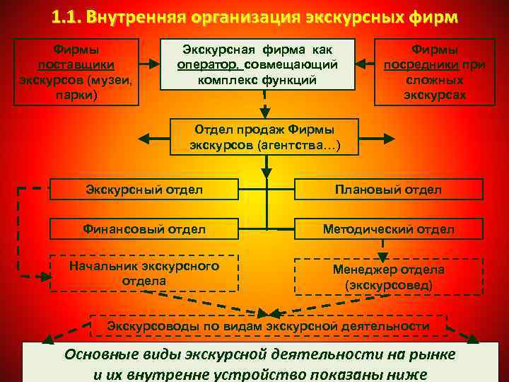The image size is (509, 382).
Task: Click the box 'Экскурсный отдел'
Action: pos(144,189)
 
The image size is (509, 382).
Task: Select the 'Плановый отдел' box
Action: pos(389,189)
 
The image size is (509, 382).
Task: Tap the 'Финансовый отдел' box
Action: pos(144,228)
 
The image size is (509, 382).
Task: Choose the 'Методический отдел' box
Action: pos(389,228)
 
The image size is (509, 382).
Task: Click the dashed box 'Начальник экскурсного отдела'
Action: pos(144,273)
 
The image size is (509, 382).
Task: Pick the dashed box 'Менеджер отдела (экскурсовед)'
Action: pos(389,277)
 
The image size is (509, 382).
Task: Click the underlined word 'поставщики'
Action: pos(76,65)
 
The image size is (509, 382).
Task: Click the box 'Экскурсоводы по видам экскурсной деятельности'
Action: pos(268,326)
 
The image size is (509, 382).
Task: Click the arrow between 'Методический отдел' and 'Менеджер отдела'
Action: pos(382,248)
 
